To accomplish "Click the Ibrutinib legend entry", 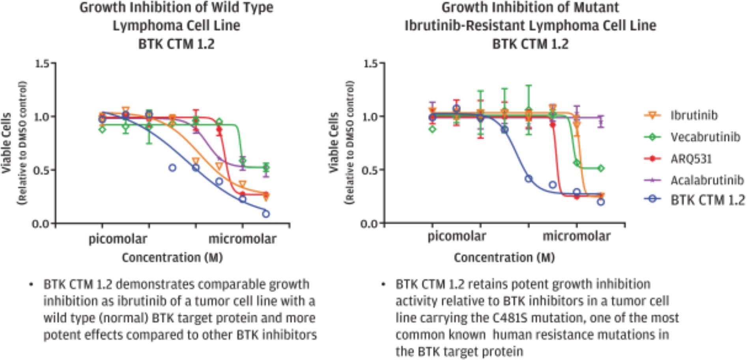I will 694,116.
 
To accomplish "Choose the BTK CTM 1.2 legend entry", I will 707,200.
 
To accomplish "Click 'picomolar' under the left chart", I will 118,239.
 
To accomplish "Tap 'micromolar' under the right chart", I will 576,236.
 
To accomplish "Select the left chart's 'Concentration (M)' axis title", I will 172,258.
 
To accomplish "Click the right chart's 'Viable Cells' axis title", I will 334,142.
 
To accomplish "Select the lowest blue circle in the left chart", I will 266,214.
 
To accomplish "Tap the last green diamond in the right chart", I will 601,168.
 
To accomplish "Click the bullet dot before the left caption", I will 31,285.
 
